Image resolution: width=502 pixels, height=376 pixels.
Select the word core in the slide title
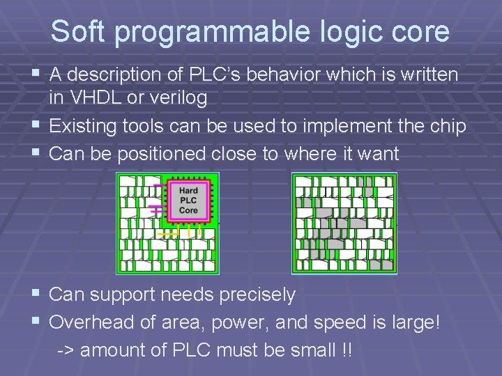point(419,32)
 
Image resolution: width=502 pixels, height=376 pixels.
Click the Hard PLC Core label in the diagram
point(188,201)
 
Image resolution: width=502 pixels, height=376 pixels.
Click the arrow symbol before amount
point(66,350)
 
